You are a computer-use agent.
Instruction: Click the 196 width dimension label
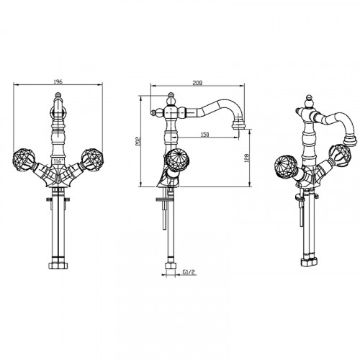58,82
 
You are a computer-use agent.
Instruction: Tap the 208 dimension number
197,83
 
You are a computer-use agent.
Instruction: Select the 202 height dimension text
138,141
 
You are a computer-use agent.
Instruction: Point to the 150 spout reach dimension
204,135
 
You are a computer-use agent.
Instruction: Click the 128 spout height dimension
247,158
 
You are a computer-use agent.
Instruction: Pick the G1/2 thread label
189,272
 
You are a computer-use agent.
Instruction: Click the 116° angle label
58,161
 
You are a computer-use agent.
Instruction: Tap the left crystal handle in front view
24,160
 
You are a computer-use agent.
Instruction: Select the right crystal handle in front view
92,159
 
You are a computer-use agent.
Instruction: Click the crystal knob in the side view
177,160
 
